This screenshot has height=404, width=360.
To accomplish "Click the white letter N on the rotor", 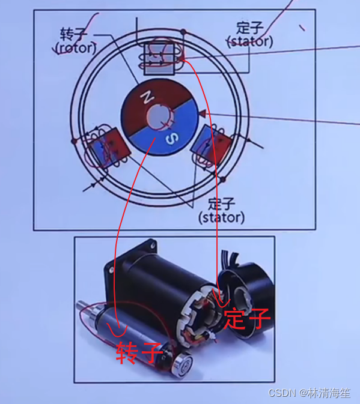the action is coord(147,97).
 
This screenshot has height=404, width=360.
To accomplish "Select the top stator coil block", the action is coord(159,59).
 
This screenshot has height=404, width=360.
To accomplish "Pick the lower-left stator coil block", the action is coord(109,148).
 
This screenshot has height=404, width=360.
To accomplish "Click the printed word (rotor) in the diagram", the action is coord(76,48).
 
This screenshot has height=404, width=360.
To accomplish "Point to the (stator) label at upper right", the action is coord(249,41).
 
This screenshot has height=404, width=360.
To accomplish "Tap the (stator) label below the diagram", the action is coord(222,218).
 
